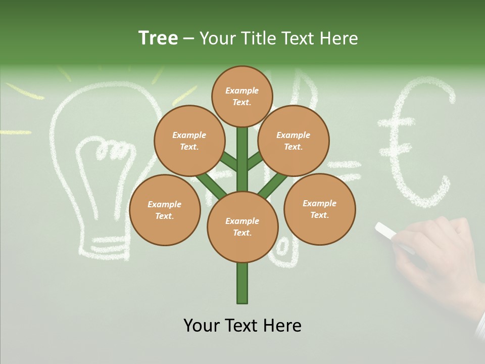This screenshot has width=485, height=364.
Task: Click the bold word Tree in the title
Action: (x=158, y=38)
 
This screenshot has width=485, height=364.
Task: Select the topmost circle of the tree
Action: (x=242, y=96)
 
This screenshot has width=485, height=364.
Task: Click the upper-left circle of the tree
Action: (x=189, y=141)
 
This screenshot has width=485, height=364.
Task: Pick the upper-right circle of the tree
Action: (x=294, y=141)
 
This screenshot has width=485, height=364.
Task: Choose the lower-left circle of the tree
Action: (x=165, y=210)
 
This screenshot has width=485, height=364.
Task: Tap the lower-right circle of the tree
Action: (x=319, y=209)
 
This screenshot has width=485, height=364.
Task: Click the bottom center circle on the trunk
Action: (x=243, y=227)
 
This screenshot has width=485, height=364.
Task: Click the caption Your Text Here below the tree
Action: (x=243, y=325)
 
